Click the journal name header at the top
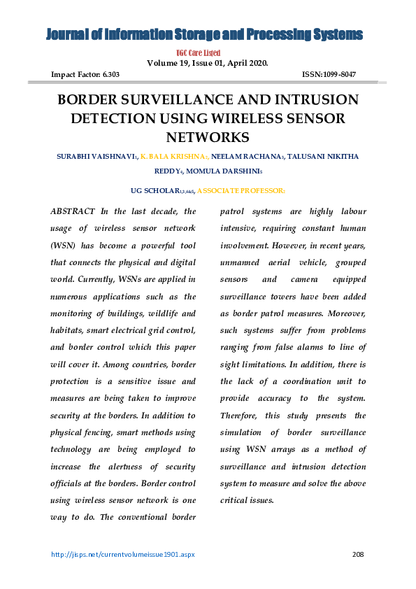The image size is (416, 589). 205,35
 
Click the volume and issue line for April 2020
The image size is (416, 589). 207,63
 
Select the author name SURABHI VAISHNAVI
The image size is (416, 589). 96,157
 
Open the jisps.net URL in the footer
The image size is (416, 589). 123,555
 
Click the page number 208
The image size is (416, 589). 358,555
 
